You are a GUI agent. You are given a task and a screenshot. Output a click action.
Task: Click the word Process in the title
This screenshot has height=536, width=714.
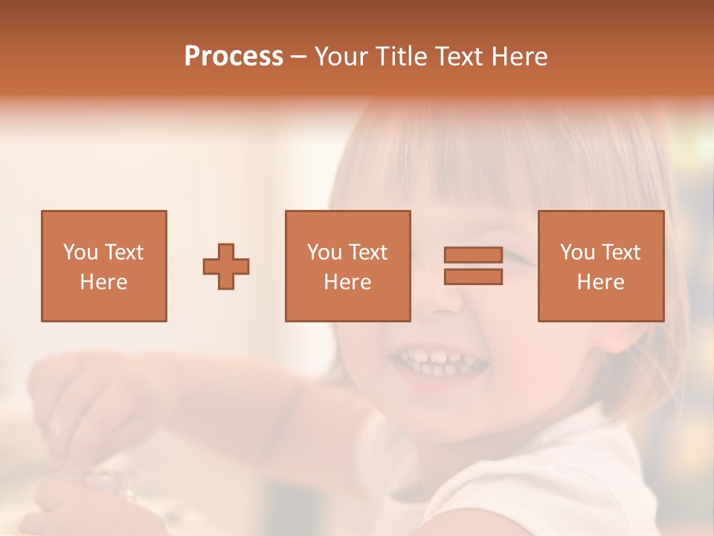[234, 57]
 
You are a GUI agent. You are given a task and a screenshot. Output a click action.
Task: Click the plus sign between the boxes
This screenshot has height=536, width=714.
[226, 267]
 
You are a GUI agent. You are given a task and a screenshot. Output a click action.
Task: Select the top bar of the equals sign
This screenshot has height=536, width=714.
[473, 255]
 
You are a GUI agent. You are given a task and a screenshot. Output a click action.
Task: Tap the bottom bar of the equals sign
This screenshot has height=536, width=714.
[473, 277]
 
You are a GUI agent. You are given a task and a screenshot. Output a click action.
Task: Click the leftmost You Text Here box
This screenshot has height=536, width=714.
[104, 266]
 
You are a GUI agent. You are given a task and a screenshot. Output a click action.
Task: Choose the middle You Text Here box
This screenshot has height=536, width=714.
[348, 266]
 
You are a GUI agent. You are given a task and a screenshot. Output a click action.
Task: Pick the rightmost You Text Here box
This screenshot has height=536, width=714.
[601, 266]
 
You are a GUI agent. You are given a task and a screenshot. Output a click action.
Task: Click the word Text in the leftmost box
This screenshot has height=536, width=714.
[123, 252]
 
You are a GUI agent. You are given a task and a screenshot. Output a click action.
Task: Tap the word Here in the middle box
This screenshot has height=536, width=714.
[348, 282]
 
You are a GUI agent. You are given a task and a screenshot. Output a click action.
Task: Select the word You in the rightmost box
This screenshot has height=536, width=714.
[578, 252]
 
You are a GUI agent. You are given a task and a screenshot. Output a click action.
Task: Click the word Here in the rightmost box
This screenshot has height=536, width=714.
[601, 282]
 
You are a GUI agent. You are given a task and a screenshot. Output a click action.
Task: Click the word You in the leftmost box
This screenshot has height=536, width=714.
[80, 252]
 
